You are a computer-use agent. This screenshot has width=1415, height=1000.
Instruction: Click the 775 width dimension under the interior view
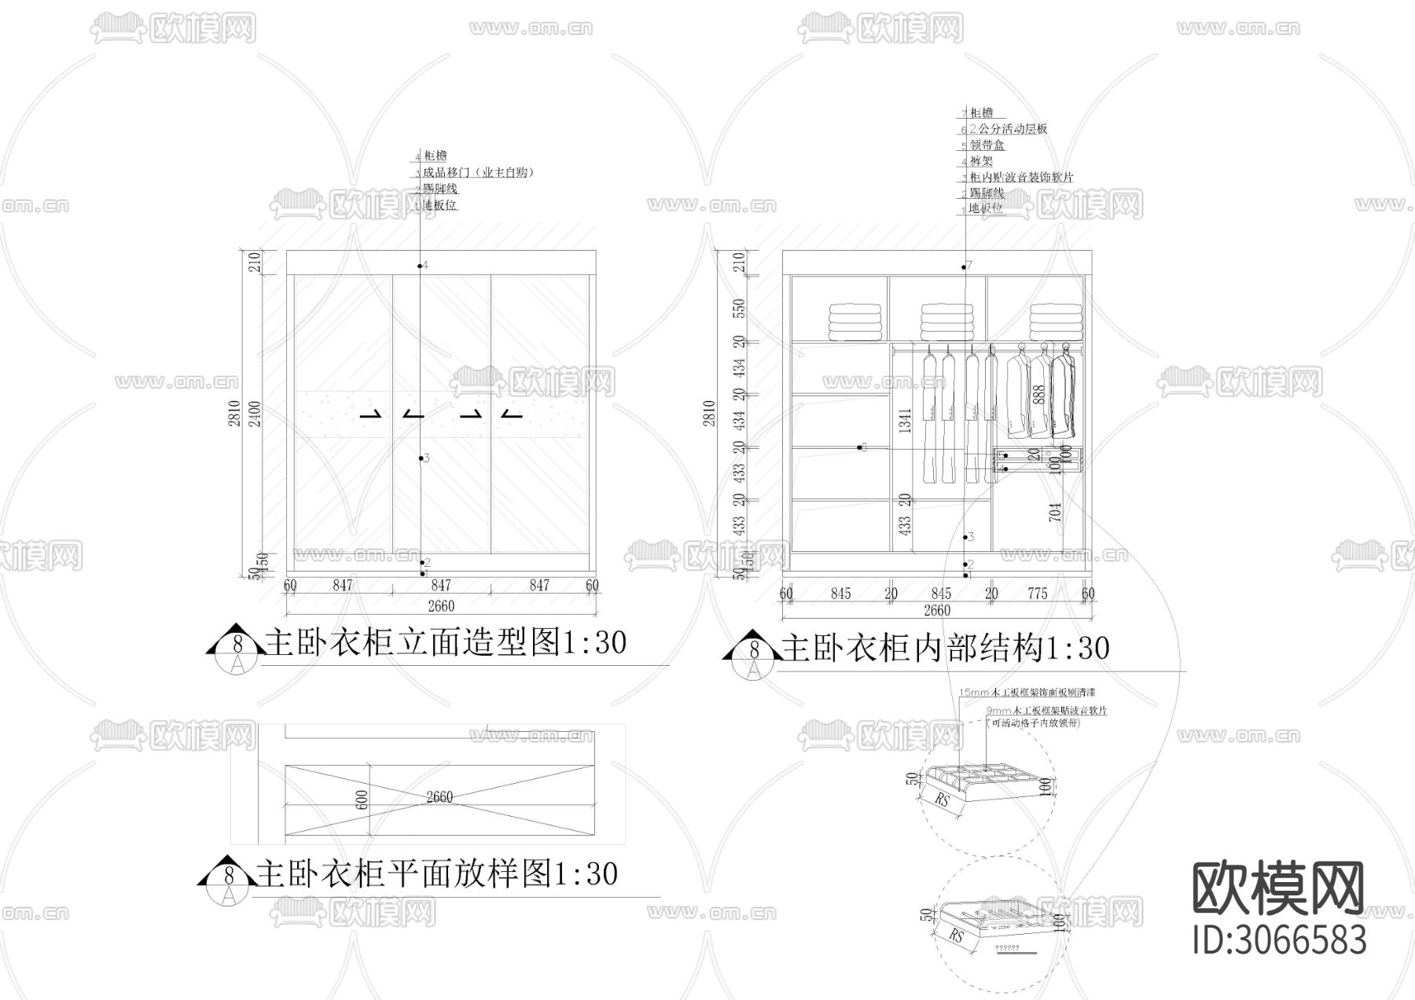tap(1038, 594)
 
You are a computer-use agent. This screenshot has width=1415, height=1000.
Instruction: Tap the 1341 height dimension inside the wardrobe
tap(905, 421)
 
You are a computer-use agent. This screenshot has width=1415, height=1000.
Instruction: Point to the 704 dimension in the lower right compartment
tap(1055, 512)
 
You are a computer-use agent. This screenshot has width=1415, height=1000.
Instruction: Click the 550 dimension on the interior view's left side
tap(738, 309)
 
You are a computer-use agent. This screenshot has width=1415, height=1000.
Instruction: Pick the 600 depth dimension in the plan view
tap(362, 800)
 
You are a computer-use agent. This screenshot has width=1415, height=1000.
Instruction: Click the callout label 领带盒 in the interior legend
tap(987, 145)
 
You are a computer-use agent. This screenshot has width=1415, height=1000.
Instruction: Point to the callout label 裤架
tap(982, 161)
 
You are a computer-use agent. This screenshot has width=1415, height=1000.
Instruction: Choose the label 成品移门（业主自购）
tap(479, 172)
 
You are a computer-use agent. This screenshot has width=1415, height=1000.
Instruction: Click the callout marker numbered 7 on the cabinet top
tap(965, 267)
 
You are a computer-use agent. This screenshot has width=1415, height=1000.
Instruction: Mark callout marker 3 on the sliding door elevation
tap(421, 458)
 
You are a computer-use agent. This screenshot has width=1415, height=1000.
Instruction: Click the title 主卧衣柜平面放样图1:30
tap(437, 874)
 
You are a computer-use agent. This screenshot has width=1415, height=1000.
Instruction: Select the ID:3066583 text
tap(1279, 939)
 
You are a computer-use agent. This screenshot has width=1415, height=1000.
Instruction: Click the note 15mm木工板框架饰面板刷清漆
tap(1027, 693)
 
